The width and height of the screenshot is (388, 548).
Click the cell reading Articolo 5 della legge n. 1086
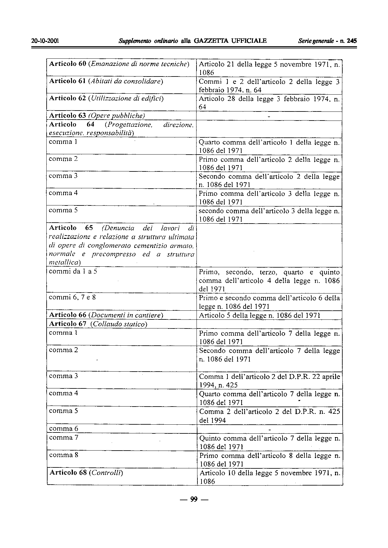[260, 315]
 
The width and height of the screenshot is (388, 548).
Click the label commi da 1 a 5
[73, 271]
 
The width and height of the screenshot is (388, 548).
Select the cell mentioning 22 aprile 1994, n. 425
[269, 381]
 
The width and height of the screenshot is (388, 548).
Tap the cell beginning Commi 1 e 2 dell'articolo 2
[269, 86]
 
